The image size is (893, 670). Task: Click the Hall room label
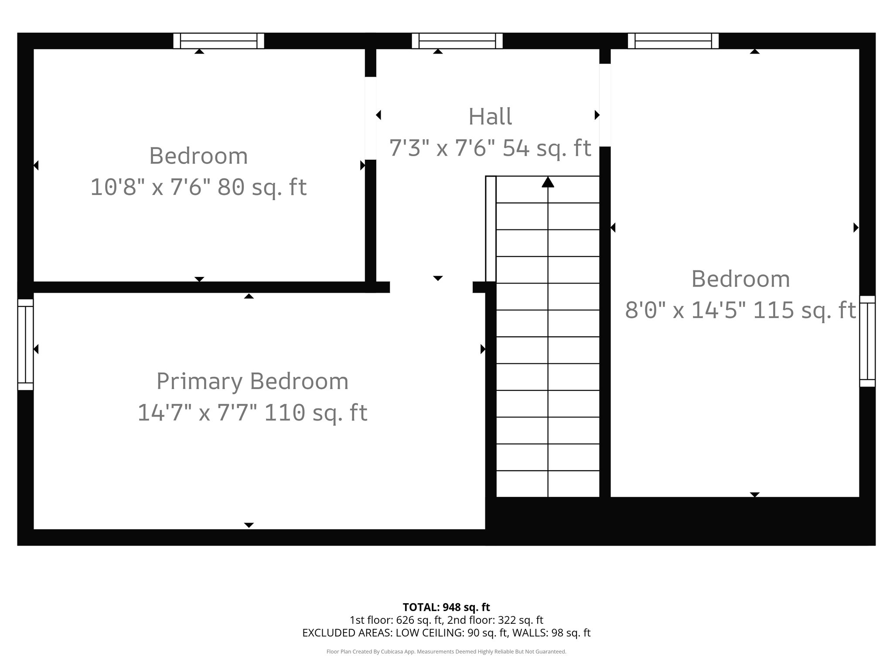(x=490, y=117)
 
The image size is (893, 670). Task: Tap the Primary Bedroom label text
(x=252, y=381)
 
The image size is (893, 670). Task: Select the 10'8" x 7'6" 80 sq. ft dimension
(x=198, y=188)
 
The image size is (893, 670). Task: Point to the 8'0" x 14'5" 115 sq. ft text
(x=740, y=311)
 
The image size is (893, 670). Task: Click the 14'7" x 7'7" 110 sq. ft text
(x=252, y=413)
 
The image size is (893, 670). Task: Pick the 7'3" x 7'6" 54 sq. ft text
(x=490, y=148)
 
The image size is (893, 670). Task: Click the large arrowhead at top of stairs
(x=548, y=182)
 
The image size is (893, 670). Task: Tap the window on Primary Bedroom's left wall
(x=25, y=344)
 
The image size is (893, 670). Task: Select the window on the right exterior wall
(x=867, y=341)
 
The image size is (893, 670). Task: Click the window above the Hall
(x=457, y=41)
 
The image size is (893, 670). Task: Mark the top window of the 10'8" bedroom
(x=218, y=41)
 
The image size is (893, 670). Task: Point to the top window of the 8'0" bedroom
(x=673, y=41)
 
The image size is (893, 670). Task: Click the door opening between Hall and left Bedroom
(x=371, y=118)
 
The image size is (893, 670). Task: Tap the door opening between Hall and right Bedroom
(x=605, y=105)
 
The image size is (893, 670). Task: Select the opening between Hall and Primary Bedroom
(x=431, y=287)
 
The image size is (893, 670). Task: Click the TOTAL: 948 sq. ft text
(x=446, y=607)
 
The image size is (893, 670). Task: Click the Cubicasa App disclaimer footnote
(x=446, y=652)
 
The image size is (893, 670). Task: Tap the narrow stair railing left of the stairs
(x=491, y=229)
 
